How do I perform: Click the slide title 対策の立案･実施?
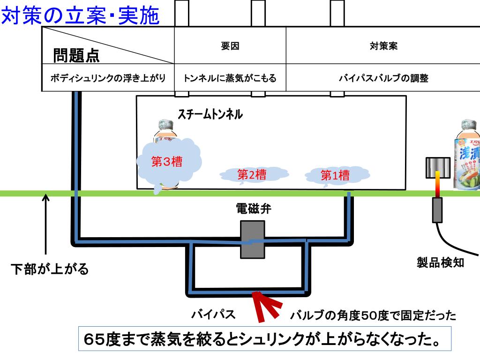[x=81, y=15]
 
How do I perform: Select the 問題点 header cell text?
[x=76, y=56]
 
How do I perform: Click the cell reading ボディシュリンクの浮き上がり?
[x=108, y=78]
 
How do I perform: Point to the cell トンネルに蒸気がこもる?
[x=230, y=78]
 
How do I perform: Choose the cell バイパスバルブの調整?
[x=383, y=78]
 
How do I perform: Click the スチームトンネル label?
[x=210, y=114]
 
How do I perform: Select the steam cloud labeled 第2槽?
[x=252, y=175]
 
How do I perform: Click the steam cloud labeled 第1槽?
[x=335, y=176]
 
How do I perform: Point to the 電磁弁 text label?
[x=253, y=209]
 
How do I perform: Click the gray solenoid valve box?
[x=253, y=239]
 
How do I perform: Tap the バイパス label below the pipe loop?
[x=213, y=315]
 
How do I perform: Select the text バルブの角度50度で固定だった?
[x=373, y=315]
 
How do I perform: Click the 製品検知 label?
[x=441, y=262]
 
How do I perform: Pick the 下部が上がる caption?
[x=50, y=270]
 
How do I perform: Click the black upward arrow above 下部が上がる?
[x=46, y=225]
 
